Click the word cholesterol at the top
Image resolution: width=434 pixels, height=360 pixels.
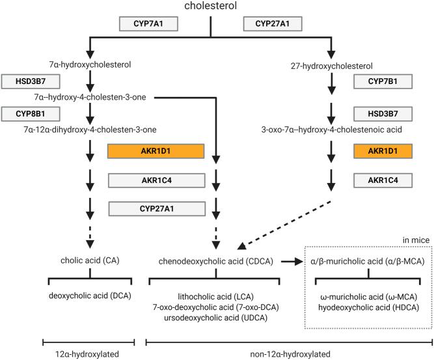click(x=210, y=7)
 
